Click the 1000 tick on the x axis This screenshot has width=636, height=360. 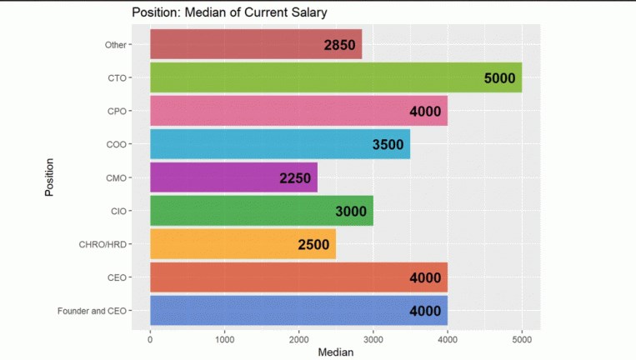tap(224, 339)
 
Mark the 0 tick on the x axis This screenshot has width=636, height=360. tap(150, 339)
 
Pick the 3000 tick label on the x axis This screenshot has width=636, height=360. tap(373, 339)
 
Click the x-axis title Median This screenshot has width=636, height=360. tap(336, 352)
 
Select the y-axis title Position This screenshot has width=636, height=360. tap(49, 177)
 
